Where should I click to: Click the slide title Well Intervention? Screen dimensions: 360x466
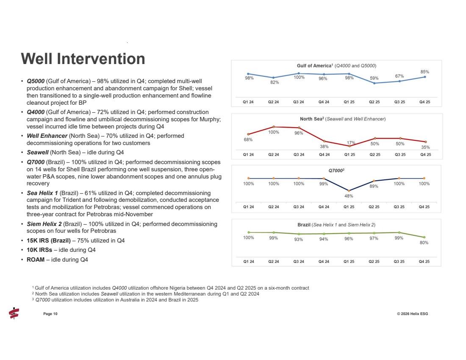[x=83, y=59]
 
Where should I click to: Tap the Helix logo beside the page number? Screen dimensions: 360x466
[x=14, y=313]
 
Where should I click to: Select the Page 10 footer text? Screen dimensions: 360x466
[x=50, y=314]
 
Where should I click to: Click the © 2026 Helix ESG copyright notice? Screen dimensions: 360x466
[x=410, y=314]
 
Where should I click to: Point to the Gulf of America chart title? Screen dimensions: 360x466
[x=336, y=66]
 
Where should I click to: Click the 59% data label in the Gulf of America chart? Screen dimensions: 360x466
[x=374, y=78]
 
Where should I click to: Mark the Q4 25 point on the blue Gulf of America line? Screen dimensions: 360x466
[x=424, y=77]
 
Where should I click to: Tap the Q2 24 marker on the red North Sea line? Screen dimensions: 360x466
[x=274, y=127]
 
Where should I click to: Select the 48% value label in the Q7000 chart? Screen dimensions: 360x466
[x=349, y=196]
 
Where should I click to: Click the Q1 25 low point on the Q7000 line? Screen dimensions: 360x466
[x=349, y=190]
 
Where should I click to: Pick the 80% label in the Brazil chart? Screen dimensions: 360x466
[x=424, y=243]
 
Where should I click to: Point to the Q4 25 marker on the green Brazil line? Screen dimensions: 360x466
[x=424, y=237]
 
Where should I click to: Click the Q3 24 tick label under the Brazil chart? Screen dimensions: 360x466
[x=299, y=262]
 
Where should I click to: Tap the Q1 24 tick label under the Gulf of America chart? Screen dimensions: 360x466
[x=249, y=102]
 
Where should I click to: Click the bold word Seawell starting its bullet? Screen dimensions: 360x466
[x=37, y=153]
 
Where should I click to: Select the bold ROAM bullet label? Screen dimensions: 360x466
[x=36, y=260]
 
